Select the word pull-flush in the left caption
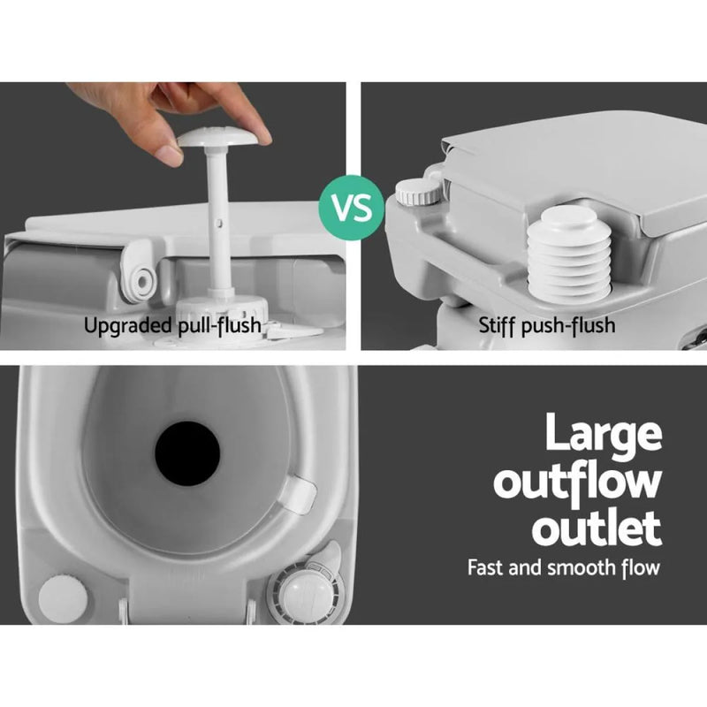pos(218,326)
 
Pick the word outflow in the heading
pos(578,482)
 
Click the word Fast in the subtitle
pos(486,566)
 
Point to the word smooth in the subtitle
pos(575,566)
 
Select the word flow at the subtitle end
pos(639,566)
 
